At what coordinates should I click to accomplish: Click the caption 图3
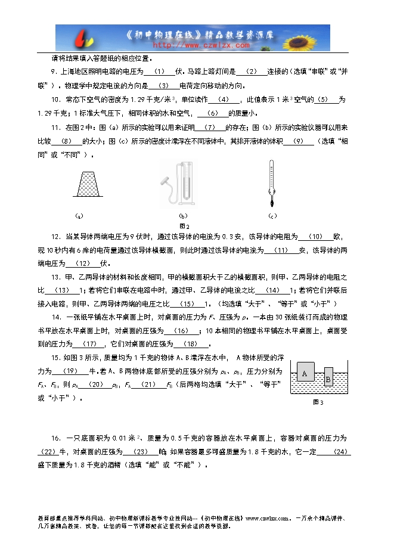[318, 403]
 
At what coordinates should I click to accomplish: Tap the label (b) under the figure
[183, 216]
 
